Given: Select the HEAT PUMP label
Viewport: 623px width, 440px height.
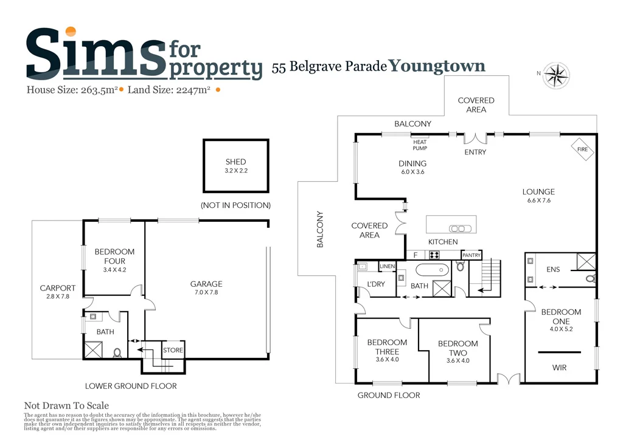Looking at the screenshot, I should [420, 145].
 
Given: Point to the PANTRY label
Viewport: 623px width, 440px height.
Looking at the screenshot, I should [472, 255].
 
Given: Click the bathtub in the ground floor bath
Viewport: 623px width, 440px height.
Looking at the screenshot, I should [432, 269].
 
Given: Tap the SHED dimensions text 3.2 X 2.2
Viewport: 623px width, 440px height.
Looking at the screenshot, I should [236, 171].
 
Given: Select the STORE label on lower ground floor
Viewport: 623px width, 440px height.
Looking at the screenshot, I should [172, 350].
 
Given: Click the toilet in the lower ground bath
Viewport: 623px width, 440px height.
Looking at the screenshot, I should [116, 352].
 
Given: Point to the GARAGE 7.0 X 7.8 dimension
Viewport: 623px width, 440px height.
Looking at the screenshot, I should [206, 293].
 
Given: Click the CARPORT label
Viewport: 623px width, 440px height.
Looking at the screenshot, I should [57, 288].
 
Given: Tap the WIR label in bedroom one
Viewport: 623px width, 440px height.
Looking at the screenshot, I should [560, 368].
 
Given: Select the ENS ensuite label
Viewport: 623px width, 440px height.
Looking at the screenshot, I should [553, 269].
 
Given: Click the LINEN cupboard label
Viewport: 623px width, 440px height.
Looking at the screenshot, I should [387, 267].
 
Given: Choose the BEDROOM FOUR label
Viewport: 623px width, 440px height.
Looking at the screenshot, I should [114, 256].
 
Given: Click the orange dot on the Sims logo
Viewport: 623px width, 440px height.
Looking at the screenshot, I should [71, 32].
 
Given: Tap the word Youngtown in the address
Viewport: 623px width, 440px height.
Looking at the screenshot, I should [437, 66].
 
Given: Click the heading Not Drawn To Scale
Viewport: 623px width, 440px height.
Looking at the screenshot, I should [66, 406].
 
